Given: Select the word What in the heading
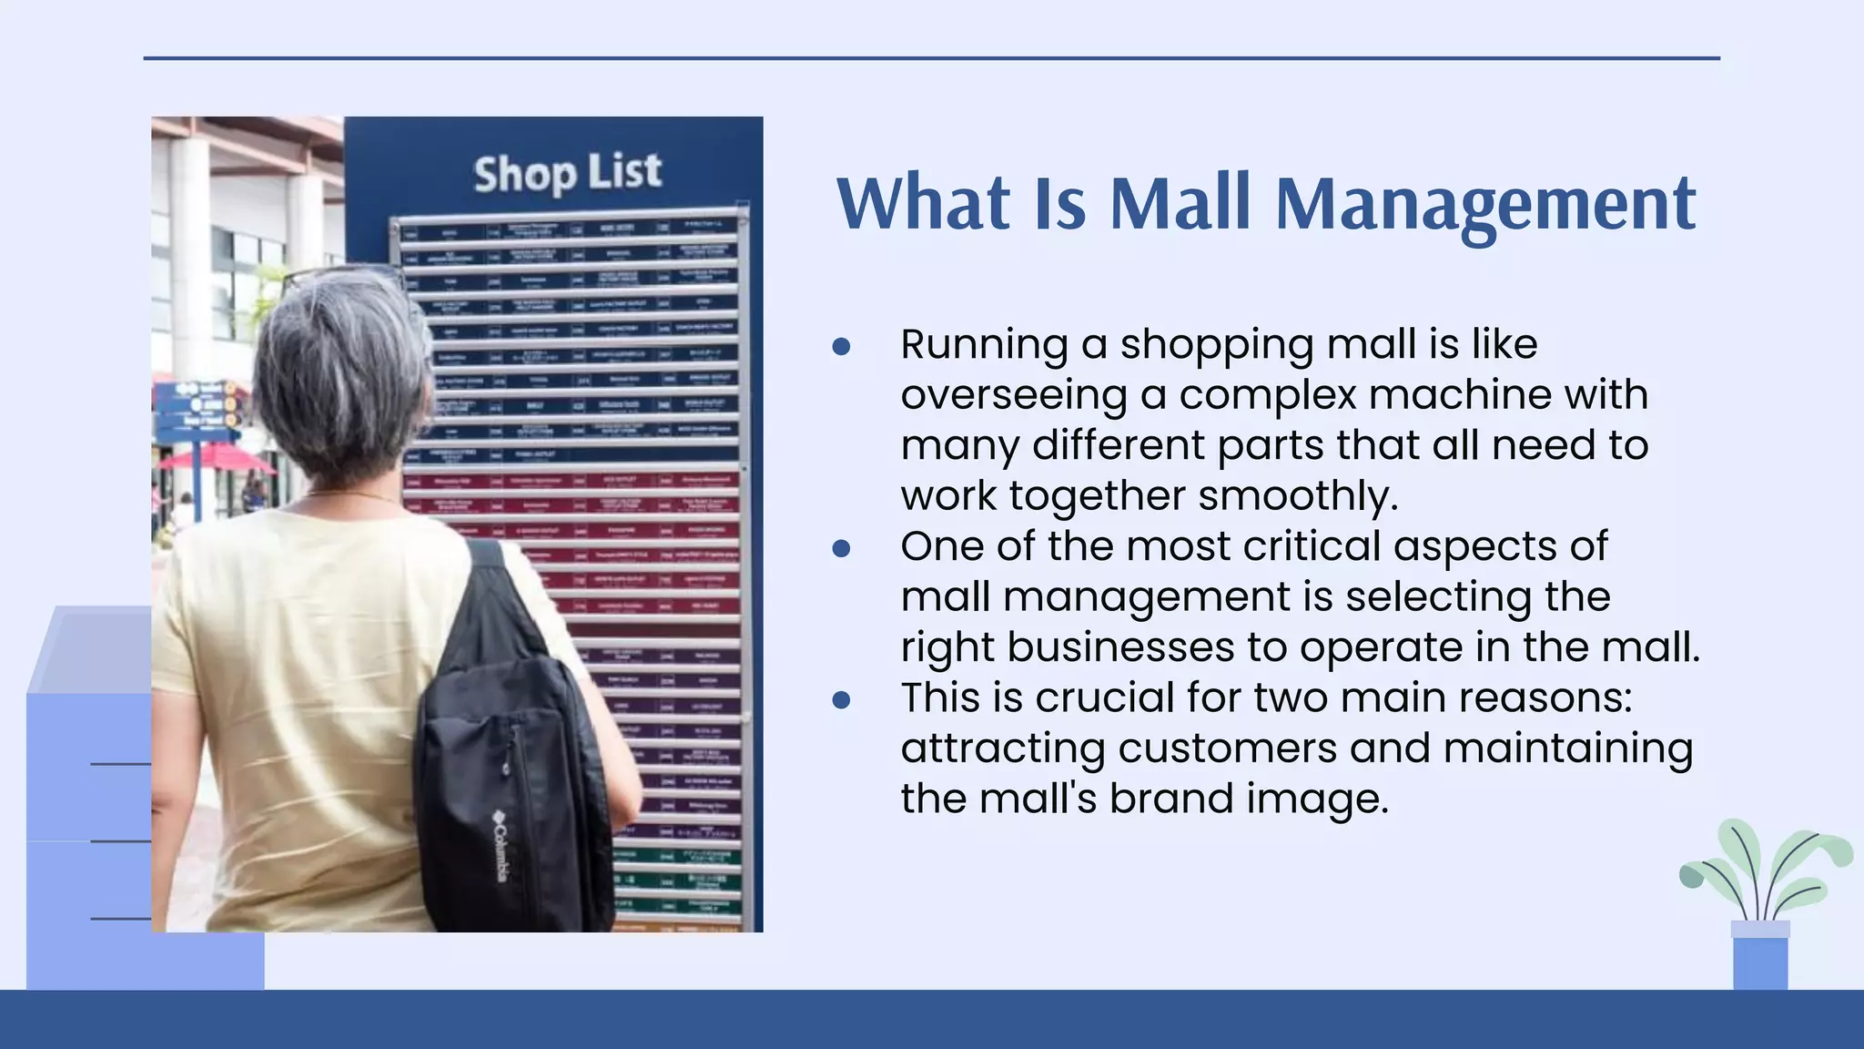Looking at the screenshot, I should [923, 203].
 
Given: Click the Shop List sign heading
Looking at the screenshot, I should [567, 173].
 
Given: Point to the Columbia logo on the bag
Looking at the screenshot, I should [500, 847].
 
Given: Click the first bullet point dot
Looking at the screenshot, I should [841, 346].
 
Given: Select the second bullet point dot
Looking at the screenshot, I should [841, 548].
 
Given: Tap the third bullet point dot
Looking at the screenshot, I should [841, 699].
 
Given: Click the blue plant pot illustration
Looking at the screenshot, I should [1760, 961].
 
